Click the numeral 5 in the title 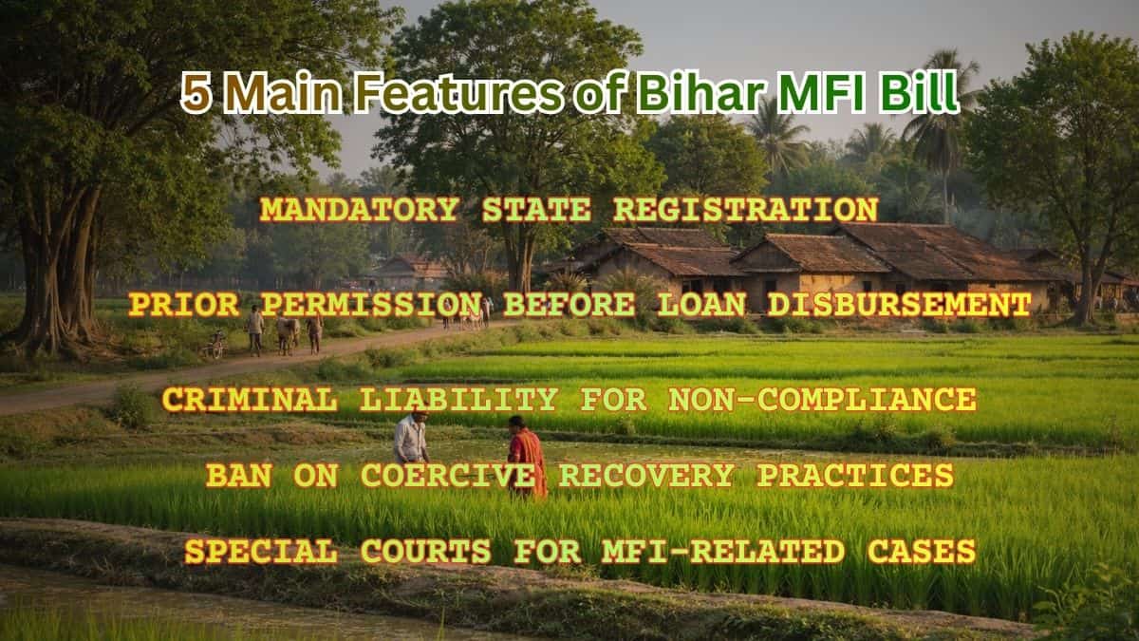pos(196,94)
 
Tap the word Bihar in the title pos(699,94)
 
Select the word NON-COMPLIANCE pos(822,400)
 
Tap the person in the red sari pos(526,457)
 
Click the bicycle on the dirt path pos(214,345)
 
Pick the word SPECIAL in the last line pos(260,552)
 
